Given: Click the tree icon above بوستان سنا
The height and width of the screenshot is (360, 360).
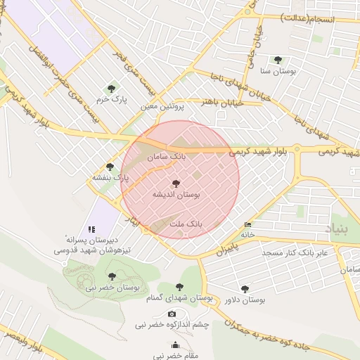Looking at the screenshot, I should click(x=278, y=60).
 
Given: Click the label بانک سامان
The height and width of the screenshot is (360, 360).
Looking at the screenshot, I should click(x=167, y=158).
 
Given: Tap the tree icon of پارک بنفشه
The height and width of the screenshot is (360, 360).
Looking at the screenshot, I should click(x=110, y=166).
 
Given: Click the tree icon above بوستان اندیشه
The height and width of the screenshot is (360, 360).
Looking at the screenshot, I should click(x=176, y=183).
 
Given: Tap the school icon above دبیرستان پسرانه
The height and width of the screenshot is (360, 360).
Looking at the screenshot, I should click(x=91, y=229).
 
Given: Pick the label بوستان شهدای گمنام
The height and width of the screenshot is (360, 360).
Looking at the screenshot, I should click(x=183, y=297).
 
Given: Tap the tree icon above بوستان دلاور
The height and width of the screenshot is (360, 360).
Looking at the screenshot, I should click(x=244, y=288).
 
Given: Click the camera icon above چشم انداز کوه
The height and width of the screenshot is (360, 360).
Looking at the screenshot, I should click(x=172, y=314).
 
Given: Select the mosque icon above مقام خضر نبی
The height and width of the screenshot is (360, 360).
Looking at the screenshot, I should click(x=174, y=346).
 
